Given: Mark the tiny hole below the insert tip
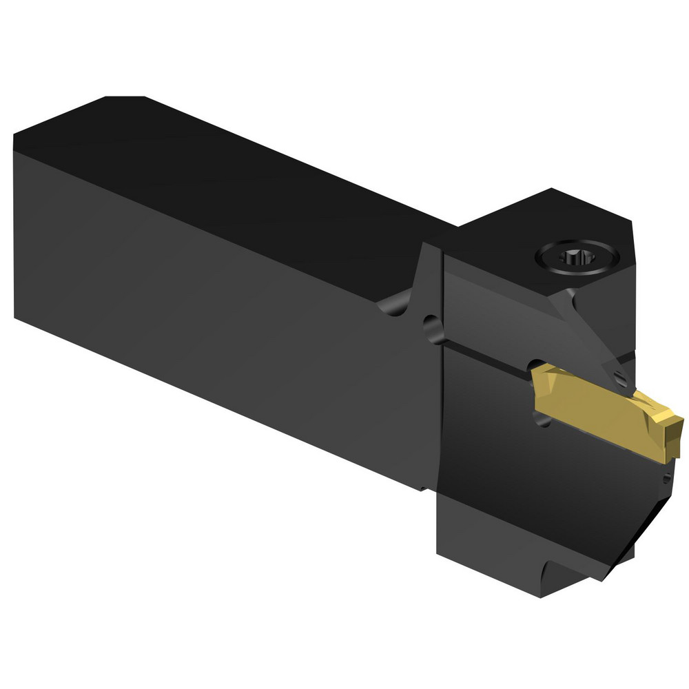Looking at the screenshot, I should (666, 477).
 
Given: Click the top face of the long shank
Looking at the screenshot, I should (227, 179).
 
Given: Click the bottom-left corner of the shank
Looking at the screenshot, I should (15, 317).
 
